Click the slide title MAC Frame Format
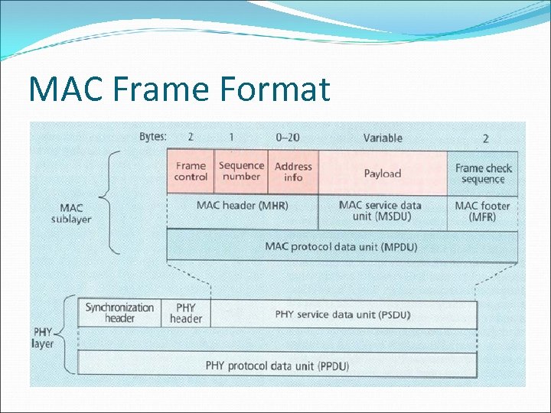(x=179, y=89)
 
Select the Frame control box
(x=191, y=171)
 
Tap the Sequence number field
(x=241, y=171)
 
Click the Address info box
(x=293, y=172)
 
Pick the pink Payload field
(x=383, y=173)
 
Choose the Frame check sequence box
(x=483, y=174)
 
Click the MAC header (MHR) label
(x=242, y=205)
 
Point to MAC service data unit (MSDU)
(x=380, y=211)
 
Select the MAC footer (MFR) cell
(x=482, y=211)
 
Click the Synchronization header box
(x=119, y=313)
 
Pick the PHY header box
(x=185, y=313)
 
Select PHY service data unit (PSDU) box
(x=342, y=314)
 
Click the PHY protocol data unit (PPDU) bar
(x=277, y=366)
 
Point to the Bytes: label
(x=153, y=137)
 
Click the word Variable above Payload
(x=383, y=138)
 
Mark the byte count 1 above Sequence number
(x=232, y=137)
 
